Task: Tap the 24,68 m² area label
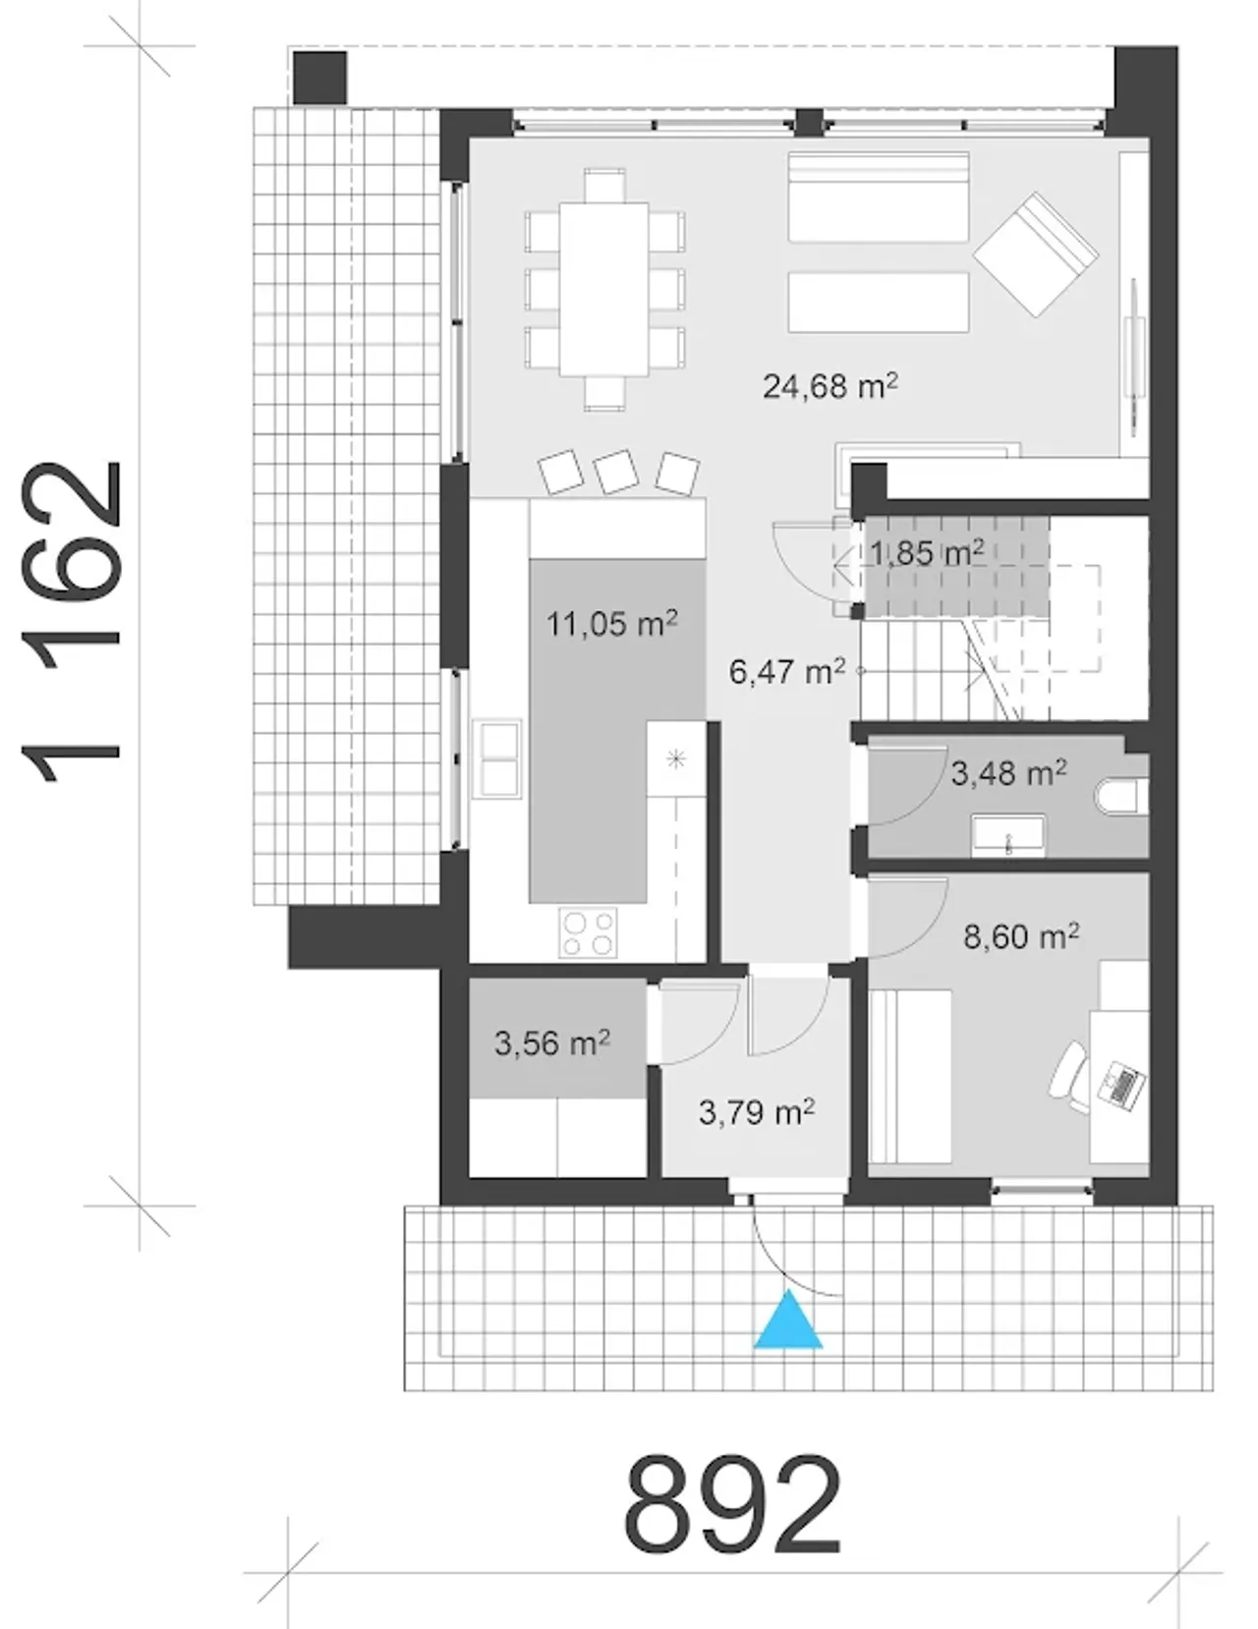pos(829,387)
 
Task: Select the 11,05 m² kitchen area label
pos(611,623)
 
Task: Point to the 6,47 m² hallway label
pos(787,671)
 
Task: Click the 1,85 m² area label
pos(927,553)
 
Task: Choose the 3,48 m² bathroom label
pos(1009,773)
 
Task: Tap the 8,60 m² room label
pos(1021,937)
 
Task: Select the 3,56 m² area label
pos(551,1042)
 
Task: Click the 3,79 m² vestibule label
pos(757,1112)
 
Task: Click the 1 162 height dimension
pos(71,622)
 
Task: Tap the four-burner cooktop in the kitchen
pos(588,932)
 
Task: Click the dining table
pos(603,289)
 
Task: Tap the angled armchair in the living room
pos(1036,254)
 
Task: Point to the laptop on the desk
pos(1121,1085)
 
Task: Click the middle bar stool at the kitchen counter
pos(615,471)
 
